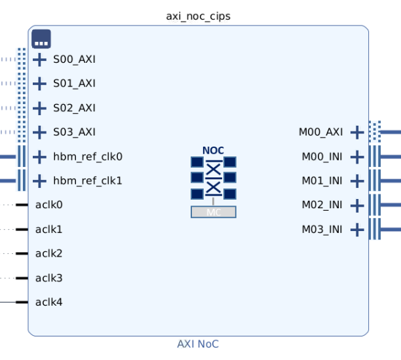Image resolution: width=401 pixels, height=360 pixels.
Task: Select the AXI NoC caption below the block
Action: click(198, 344)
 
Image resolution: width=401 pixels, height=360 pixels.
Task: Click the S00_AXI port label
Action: click(74, 60)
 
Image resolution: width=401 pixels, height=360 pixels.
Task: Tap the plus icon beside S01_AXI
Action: click(40, 84)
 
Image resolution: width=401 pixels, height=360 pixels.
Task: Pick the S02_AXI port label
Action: click(74, 108)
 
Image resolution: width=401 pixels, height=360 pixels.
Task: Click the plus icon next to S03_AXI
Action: click(40, 132)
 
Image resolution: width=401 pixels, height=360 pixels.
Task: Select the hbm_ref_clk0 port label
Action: click(88, 156)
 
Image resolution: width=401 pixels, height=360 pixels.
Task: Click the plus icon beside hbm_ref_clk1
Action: click(40, 181)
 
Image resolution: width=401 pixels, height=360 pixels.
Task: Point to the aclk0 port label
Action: click(49, 205)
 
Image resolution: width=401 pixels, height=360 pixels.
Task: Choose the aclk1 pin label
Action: click(49, 229)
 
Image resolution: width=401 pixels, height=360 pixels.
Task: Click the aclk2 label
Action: click(49, 253)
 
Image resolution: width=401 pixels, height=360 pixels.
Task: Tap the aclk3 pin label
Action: click(49, 278)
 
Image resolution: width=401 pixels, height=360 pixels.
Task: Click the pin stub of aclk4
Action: click(22, 302)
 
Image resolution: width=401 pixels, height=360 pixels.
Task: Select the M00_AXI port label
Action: click(320, 132)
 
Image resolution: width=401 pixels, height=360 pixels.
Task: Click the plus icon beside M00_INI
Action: click(356, 157)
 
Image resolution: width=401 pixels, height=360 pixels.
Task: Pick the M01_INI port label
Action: click(322, 181)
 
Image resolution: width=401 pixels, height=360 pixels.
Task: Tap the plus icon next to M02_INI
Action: click(356, 206)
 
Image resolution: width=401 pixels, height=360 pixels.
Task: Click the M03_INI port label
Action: click(322, 229)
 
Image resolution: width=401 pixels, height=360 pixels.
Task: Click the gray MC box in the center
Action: click(214, 212)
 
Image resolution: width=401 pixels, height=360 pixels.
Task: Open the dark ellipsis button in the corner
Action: click(41, 39)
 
